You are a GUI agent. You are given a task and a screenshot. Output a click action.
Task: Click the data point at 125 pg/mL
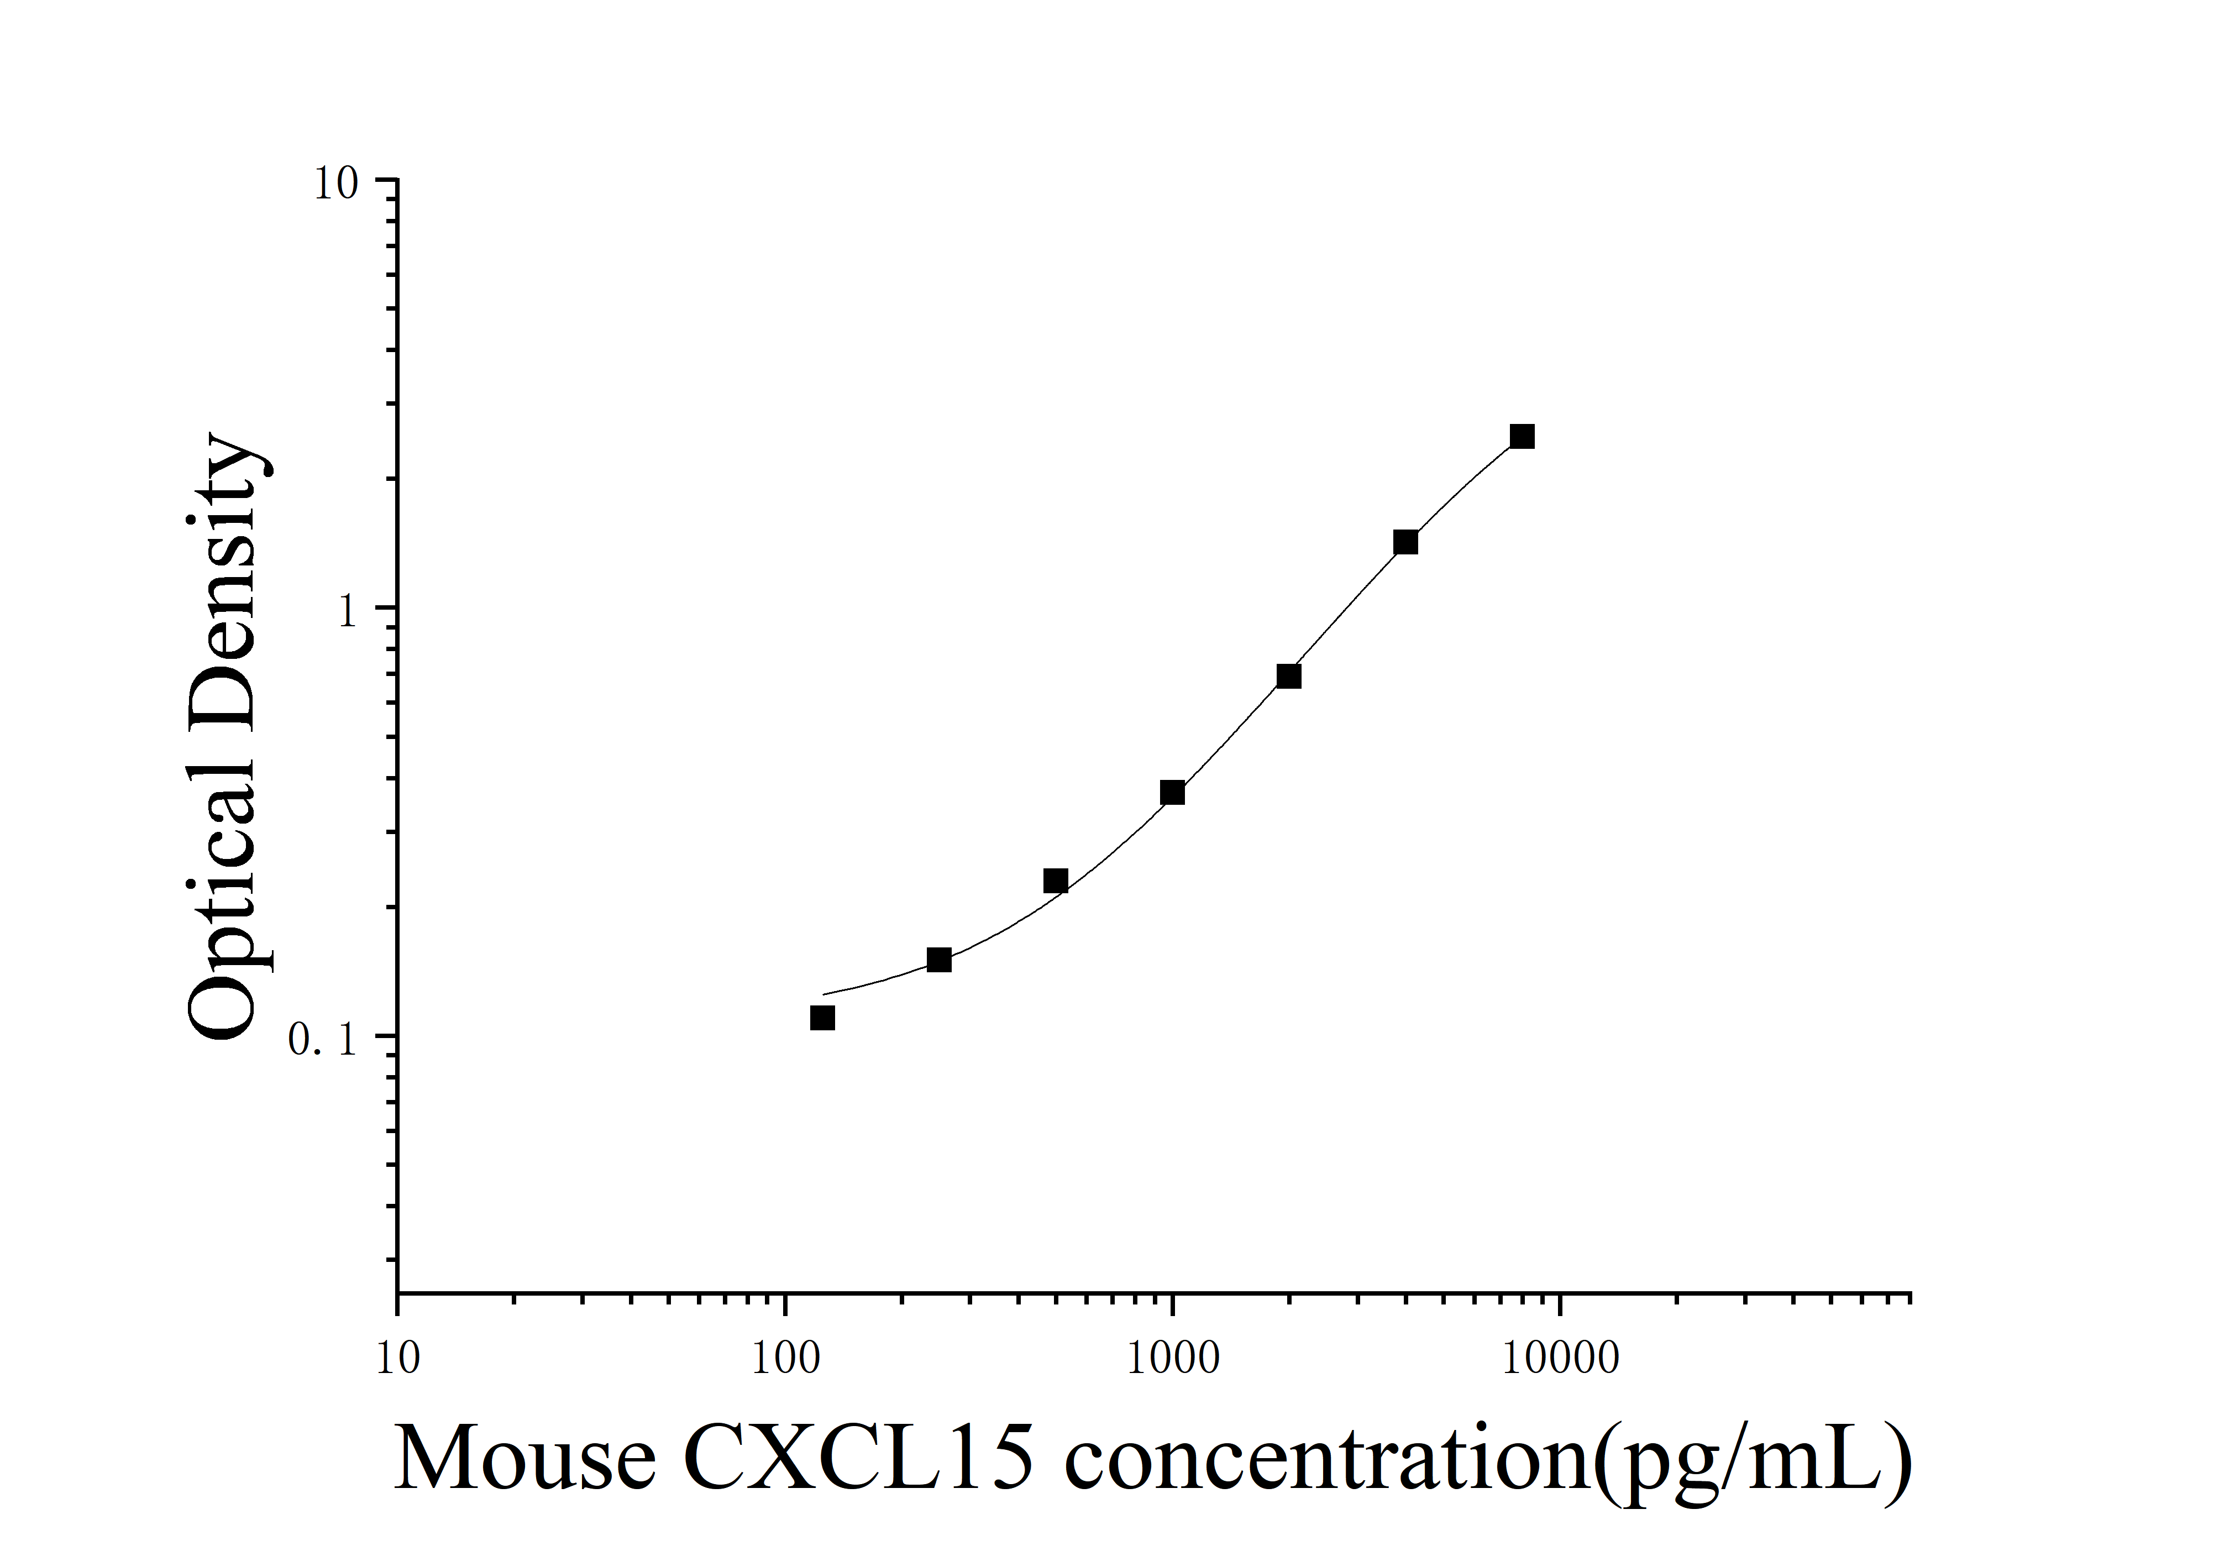[x=822, y=1018]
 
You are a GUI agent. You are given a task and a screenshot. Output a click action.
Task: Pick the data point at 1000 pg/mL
[x=1172, y=793]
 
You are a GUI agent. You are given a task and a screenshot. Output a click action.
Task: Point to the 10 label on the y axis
[x=335, y=184]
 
